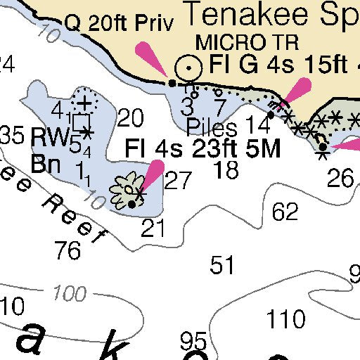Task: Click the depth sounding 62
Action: [x=285, y=211]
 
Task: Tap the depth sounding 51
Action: [x=222, y=265]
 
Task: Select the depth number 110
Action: [x=286, y=319]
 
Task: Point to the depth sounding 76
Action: [x=67, y=250]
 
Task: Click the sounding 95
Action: [x=193, y=342]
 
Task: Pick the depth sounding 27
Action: [x=178, y=181]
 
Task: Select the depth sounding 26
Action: [x=341, y=178]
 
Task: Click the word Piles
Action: [x=212, y=127]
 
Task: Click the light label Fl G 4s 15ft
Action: [x=278, y=65]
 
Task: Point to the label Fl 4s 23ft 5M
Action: [x=202, y=149]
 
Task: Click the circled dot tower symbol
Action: [x=188, y=67]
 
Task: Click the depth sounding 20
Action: [x=130, y=118]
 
